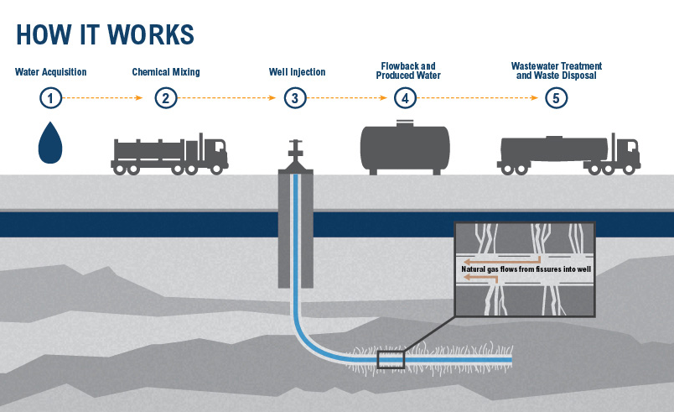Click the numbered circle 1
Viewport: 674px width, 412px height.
[x=51, y=98]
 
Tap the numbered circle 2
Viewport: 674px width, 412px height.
[x=166, y=98]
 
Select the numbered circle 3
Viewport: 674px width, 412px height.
[x=294, y=98]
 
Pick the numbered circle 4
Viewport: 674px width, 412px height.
[x=406, y=98]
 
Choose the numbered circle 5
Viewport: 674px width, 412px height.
[x=555, y=98]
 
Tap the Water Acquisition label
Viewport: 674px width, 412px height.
[x=50, y=72]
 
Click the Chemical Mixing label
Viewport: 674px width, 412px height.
[x=166, y=72]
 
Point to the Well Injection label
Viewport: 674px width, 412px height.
[x=297, y=72]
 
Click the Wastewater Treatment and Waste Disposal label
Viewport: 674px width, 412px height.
[x=556, y=70]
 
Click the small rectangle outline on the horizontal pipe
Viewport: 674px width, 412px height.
[x=391, y=360]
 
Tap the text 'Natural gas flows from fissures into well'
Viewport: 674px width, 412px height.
[x=523, y=269]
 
